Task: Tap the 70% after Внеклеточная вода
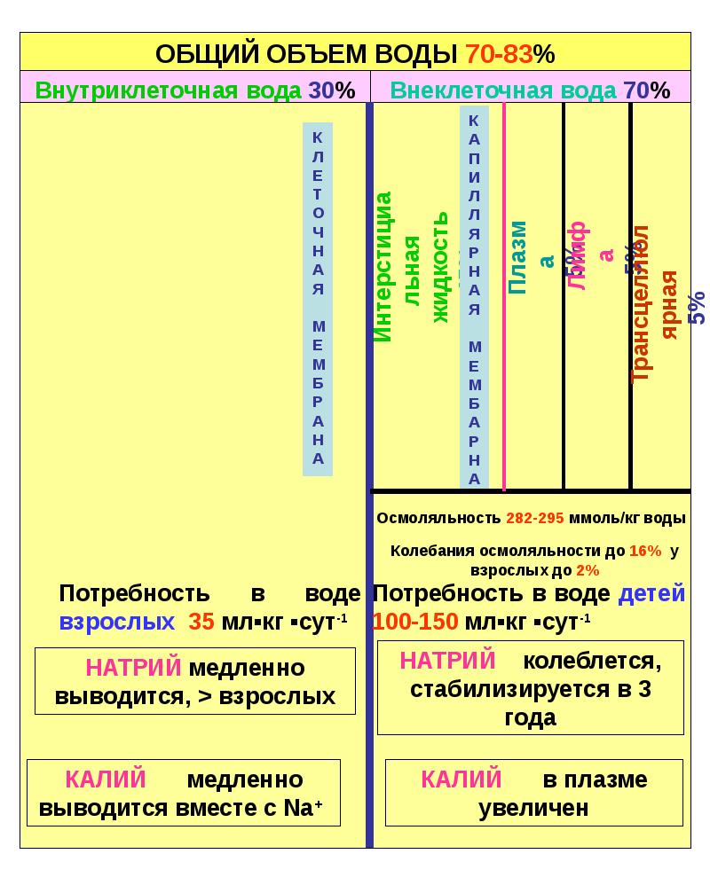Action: coord(647,90)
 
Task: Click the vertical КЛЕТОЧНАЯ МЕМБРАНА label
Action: coord(318,297)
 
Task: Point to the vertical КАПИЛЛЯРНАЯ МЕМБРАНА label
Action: coord(474,297)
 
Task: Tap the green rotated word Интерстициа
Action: coord(383,266)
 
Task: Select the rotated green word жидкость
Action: coord(441,266)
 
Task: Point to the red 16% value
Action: coord(645,551)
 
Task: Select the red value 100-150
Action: coord(415,622)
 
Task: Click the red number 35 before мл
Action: coord(201,622)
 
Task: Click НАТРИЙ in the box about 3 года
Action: coord(447,661)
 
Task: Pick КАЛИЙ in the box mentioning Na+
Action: coord(106,780)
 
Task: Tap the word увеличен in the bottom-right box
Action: coord(533,808)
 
